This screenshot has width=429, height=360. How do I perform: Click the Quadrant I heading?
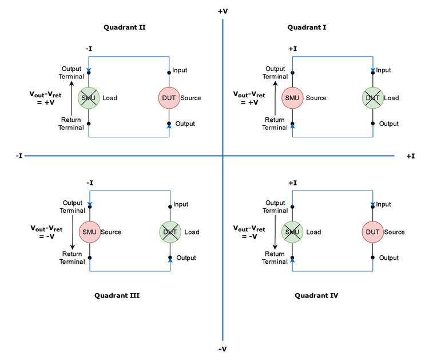click(307, 27)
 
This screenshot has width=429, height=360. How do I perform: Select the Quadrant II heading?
click(124, 27)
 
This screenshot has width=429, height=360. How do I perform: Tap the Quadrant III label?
click(117, 296)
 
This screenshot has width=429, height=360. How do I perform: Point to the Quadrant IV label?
click(316, 296)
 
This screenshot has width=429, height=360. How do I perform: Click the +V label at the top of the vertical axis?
click(223, 10)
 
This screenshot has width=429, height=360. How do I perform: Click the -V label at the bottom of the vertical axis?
click(223, 349)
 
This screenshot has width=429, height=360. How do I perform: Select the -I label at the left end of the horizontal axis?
click(19, 156)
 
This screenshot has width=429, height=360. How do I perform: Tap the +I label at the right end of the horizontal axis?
click(410, 156)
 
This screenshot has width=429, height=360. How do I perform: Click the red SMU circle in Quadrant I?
click(293, 98)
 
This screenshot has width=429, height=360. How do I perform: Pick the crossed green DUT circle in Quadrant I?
click(373, 98)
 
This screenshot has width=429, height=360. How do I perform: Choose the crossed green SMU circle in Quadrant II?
click(89, 98)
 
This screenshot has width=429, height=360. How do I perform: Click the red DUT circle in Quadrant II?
click(169, 98)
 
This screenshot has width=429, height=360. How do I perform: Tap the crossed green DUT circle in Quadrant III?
click(170, 232)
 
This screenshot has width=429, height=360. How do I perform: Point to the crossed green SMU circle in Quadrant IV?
click(292, 232)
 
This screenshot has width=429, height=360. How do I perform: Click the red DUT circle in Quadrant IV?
click(372, 232)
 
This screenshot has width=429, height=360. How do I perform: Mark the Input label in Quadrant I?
click(383, 70)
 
